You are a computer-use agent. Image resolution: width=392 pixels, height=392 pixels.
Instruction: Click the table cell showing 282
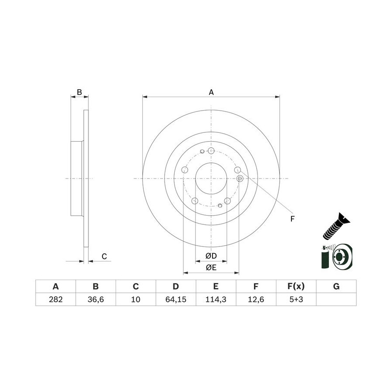point(55,299)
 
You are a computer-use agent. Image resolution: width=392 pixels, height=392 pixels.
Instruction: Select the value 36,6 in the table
point(96,299)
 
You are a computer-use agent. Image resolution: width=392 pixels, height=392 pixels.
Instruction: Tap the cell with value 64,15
point(176,299)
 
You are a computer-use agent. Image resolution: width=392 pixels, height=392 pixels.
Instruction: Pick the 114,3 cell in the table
point(216,299)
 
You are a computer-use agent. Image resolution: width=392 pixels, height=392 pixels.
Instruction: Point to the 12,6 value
point(256,299)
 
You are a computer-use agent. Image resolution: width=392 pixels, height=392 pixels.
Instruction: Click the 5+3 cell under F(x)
point(296,299)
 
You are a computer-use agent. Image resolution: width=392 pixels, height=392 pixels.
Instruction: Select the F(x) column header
point(296,286)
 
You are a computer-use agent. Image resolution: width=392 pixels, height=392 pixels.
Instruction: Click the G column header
point(336,286)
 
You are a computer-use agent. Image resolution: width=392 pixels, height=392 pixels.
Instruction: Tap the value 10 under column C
point(136,299)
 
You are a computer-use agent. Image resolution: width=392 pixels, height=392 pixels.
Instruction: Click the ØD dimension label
point(211,256)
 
